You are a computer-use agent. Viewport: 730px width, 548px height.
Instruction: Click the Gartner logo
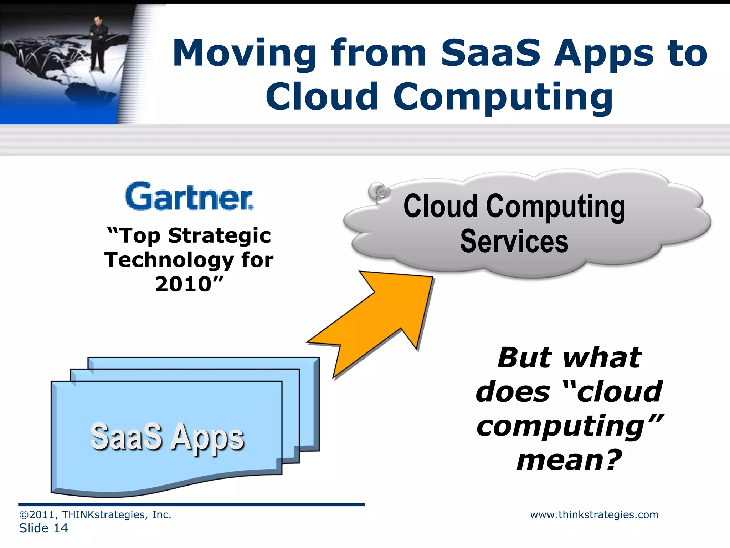click(189, 197)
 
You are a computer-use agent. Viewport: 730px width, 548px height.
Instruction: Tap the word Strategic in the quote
click(220, 236)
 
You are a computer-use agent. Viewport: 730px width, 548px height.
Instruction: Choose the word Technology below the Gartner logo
click(169, 260)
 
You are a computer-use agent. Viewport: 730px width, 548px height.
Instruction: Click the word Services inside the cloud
click(514, 242)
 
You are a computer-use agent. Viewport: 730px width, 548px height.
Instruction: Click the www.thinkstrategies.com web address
click(594, 514)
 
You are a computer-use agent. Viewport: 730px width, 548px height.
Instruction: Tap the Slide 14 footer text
click(43, 528)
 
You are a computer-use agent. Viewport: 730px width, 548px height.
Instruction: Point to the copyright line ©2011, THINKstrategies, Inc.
click(95, 514)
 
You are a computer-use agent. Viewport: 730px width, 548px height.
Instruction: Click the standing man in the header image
click(97, 43)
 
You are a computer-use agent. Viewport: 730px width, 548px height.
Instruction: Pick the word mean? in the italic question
click(569, 460)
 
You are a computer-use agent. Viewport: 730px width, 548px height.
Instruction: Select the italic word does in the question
click(513, 392)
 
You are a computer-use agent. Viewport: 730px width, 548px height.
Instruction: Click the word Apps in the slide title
click(604, 54)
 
